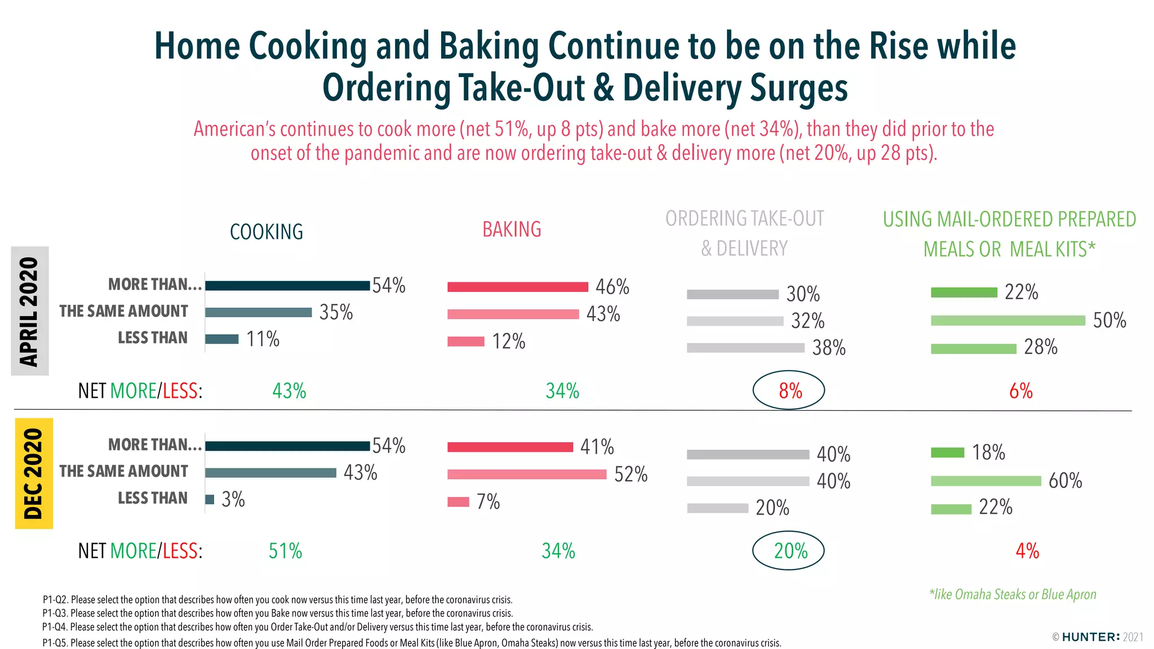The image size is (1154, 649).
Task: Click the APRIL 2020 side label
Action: [29, 311]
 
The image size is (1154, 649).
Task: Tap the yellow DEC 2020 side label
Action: [34, 473]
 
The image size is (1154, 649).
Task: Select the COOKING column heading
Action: [267, 232]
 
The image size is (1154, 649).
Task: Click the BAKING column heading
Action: [512, 229]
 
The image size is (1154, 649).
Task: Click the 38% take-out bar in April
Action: [745, 348]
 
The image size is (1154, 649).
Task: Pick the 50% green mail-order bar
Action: [1007, 321]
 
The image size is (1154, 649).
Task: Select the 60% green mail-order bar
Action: [986, 481]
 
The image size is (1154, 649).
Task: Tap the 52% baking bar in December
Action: [527, 474]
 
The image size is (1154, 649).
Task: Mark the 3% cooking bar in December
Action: [210, 499]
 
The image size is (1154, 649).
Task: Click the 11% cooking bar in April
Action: [221, 339]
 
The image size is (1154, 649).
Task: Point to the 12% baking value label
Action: [508, 341]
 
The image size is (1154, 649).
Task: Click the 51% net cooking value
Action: [285, 551]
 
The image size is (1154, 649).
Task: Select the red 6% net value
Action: [1020, 390]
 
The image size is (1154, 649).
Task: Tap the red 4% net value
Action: [1027, 550]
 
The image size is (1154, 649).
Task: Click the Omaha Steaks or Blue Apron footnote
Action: [1013, 594]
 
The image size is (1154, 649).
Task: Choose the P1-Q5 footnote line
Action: [411, 643]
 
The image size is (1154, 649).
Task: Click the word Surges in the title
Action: [798, 88]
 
